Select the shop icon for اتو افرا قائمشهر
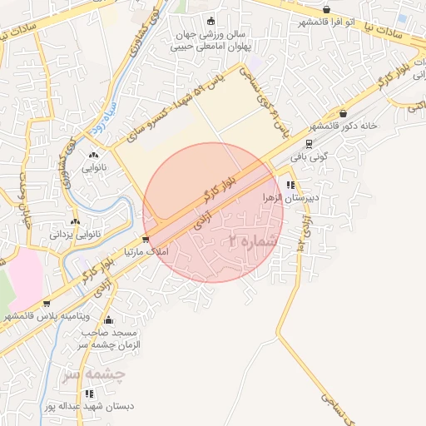click(326, 10)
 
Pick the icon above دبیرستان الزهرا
click(290, 186)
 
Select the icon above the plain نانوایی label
click(92, 154)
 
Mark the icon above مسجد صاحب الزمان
click(108, 319)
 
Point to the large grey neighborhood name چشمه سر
click(93, 374)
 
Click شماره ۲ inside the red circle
click(250, 240)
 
